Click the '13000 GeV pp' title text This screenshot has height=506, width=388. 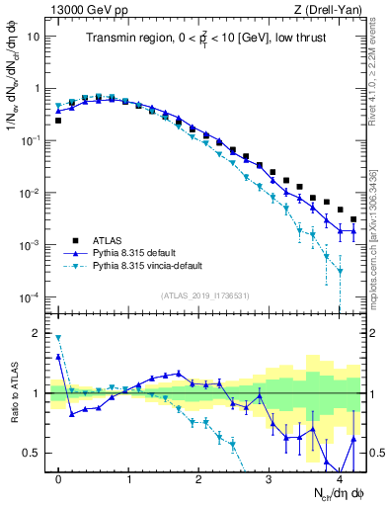click(x=87, y=10)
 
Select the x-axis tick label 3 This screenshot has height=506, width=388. click(x=269, y=477)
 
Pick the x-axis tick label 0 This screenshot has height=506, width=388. click(x=58, y=477)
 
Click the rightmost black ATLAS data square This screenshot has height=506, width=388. click(x=353, y=219)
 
